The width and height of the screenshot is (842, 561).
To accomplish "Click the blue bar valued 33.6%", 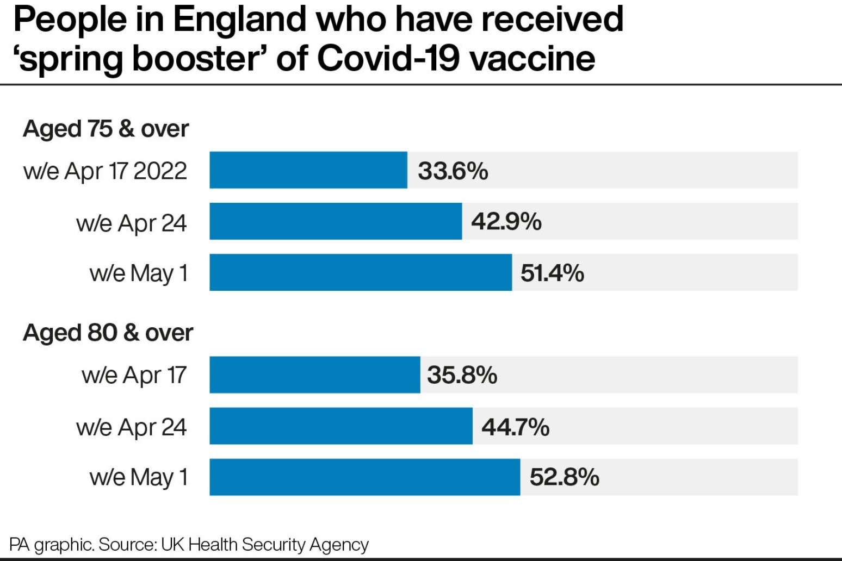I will coord(308,170).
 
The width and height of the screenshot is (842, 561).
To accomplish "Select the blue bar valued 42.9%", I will coord(336,221).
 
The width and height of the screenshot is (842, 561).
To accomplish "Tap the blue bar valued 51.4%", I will coord(361,272).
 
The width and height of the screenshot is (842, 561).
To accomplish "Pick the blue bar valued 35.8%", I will coord(314,375).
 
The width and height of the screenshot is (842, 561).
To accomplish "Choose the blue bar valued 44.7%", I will coord(341,426).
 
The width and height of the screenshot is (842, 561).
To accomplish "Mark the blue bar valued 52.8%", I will coord(364,477).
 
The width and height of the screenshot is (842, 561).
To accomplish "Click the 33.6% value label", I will coord(453,171).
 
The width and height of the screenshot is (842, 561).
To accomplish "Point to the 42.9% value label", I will coord(506,222).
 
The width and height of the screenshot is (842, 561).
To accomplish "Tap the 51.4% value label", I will coord(552,273).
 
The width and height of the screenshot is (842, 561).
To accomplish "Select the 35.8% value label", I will coord(462,375).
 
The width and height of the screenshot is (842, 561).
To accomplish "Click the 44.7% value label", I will coord(515,427).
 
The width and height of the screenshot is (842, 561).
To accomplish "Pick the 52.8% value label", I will coord(564,477).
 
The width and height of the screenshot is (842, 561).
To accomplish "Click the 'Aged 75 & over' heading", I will coord(106,129).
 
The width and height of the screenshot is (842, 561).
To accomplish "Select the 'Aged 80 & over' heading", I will coord(108,333).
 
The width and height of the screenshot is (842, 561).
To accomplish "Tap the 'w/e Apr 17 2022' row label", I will coord(105,171).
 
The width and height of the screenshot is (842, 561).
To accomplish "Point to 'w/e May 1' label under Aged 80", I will coord(139,478).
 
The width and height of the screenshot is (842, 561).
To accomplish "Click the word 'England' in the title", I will coord(240,20).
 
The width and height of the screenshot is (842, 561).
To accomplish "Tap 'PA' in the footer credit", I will coord(19,545).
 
